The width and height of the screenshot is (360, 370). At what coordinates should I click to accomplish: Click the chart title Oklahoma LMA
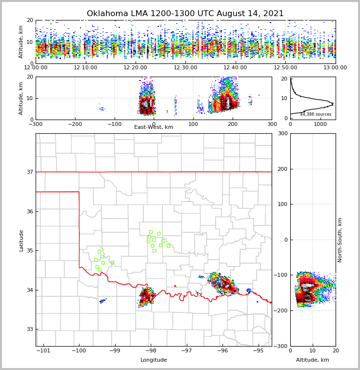pos(185,14)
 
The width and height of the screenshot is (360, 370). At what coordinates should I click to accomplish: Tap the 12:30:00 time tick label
pos(185,68)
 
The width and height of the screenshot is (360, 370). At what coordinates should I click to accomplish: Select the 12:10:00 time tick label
pos(85,68)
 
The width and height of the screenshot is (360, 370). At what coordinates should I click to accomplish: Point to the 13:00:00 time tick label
pos(335,68)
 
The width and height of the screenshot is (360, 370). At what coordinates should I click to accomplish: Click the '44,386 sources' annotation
pos(316,114)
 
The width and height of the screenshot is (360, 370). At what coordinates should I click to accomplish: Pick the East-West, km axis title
pos(154,127)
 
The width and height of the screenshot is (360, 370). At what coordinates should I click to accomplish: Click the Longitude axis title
pos(154,360)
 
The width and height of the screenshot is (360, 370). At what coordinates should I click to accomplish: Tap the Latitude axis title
pos(21,240)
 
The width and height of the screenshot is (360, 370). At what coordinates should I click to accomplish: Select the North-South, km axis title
pos(340,240)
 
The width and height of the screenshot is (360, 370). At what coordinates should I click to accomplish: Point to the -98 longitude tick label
pos(151,351)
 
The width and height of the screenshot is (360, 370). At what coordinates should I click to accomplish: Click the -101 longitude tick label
pos(43,351)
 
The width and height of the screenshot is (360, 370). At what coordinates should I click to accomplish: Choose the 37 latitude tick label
pos(29,172)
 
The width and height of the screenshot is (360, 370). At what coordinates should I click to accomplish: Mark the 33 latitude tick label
pos(29,329)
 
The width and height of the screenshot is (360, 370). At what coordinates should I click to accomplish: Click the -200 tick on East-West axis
pos(75,124)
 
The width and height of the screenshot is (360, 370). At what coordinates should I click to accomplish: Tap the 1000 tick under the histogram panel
pos(320,124)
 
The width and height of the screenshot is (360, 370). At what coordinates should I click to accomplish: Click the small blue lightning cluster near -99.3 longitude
pos(102,301)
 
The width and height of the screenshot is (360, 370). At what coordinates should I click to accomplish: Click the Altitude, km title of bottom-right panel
pos(313,360)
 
